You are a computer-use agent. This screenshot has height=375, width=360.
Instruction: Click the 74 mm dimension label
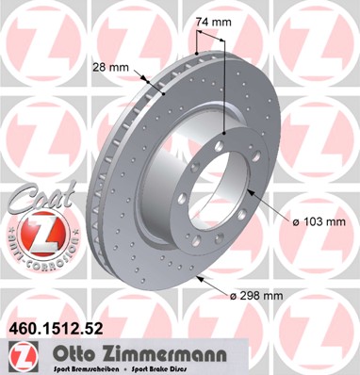coord(211,20)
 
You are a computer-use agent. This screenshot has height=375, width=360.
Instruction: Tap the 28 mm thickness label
coord(110,68)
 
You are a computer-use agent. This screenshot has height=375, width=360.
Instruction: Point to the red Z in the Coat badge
coord(35,232)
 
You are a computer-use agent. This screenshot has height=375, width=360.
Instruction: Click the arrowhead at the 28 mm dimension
coord(147,81)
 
